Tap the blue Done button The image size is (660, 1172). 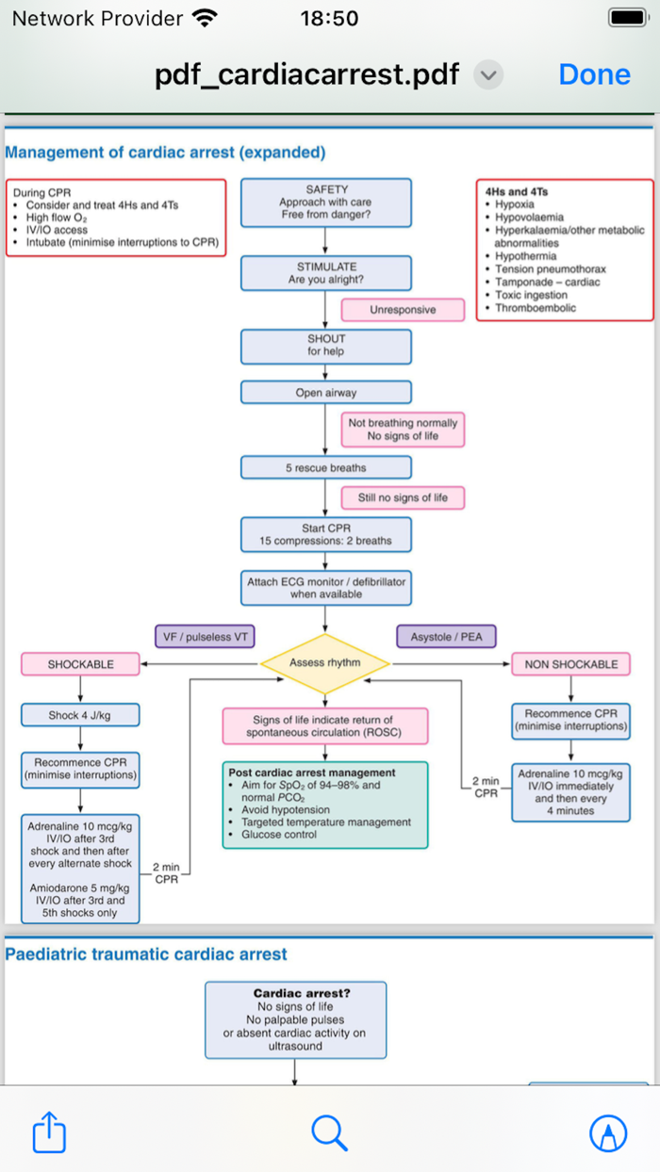point(594,74)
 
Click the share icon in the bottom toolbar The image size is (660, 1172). point(49,1132)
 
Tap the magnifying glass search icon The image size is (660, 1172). point(329,1132)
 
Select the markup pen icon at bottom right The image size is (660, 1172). point(608,1132)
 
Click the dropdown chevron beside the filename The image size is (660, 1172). point(488,74)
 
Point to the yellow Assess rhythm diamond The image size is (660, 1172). point(325,663)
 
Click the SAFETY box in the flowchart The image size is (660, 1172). point(326,203)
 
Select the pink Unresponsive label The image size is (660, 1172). point(403,310)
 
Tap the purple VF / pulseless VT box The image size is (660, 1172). point(206,637)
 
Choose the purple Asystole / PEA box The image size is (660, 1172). point(446,637)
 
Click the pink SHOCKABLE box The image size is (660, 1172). point(80,664)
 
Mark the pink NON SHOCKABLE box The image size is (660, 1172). point(571,664)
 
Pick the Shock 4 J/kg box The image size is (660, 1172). point(80,715)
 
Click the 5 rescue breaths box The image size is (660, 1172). point(326,467)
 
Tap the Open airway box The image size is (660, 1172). point(326,393)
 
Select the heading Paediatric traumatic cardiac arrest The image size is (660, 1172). point(146,954)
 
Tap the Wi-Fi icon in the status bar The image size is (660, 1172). point(204,18)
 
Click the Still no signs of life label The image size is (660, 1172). point(403,497)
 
